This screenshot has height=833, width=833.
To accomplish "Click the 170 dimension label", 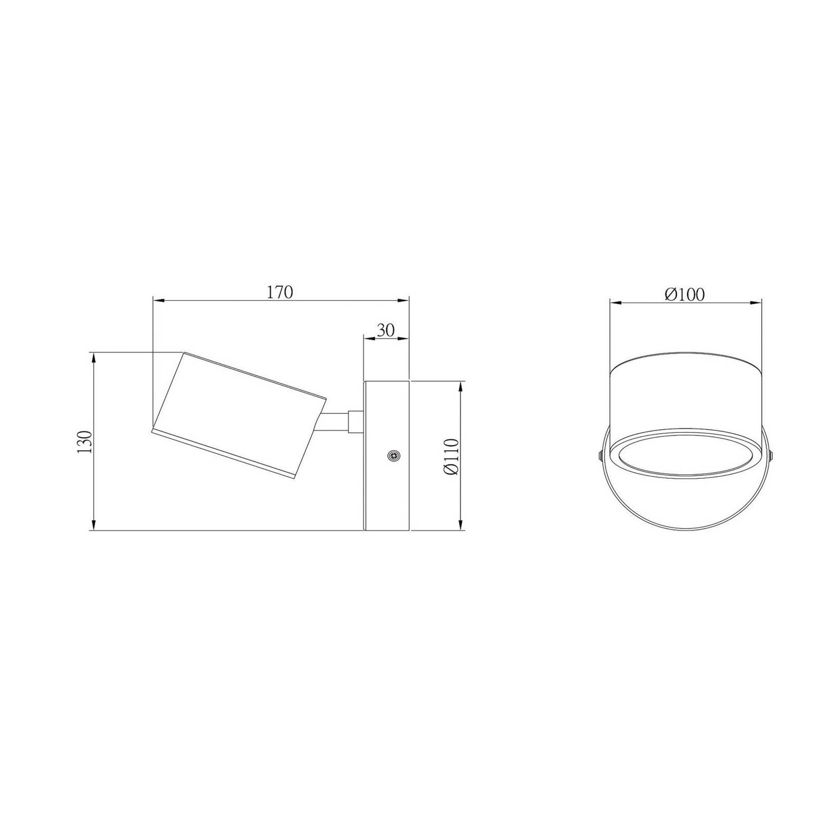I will [281, 293].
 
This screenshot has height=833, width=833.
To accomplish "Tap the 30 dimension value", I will [386, 330].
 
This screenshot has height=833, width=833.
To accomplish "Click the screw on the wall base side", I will [394, 456].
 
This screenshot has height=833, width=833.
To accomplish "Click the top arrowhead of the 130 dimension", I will [94, 359].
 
